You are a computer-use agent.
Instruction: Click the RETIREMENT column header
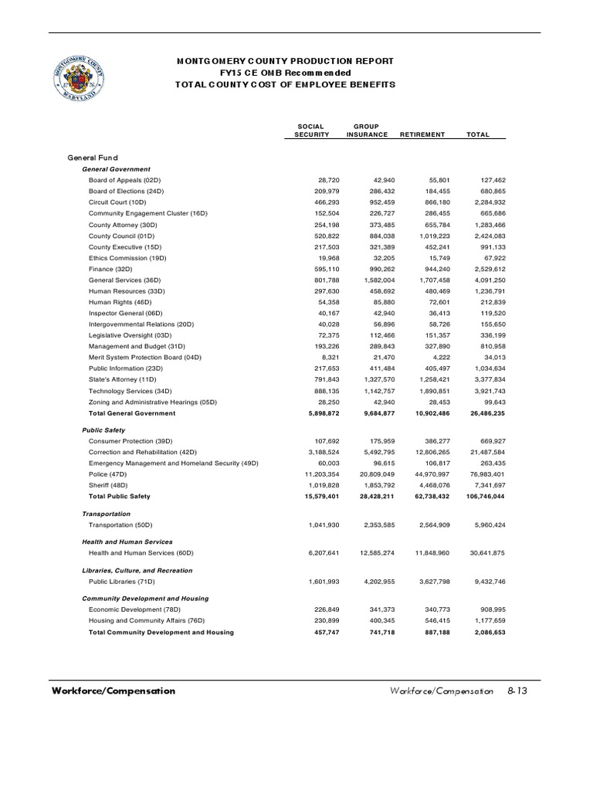click(x=422, y=134)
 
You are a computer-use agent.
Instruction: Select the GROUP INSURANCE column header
click(x=367, y=130)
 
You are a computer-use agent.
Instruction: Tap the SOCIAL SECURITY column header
click(x=312, y=130)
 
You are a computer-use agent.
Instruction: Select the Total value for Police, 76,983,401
click(x=483, y=473)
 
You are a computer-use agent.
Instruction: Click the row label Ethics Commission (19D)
click(x=127, y=257)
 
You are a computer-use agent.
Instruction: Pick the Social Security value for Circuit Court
click(x=324, y=202)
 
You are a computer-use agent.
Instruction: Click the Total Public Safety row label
click(x=119, y=495)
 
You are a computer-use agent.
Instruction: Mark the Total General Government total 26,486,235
click(x=482, y=413)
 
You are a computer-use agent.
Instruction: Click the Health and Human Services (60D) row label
click(x=141, y=552)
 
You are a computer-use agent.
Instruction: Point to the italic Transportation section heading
click(x=107, y=514)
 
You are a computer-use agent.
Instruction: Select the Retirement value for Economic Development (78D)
click(x=427, y=609)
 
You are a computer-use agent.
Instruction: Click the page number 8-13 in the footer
click(x=517, y=691)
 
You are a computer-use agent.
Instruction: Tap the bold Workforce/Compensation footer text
click(x=114, y=691)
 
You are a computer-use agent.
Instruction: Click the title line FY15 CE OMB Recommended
click(x=286, y=72)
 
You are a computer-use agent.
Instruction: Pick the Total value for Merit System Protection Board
click(x=488, y=358)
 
